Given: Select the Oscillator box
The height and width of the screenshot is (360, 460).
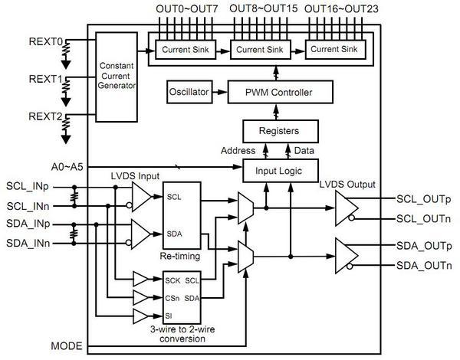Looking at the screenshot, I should click(x=188, y=93).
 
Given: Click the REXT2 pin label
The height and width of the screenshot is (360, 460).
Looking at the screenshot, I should click(x=46, y=116).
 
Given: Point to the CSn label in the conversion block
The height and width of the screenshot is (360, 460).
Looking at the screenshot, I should click(x=172, y=297).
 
